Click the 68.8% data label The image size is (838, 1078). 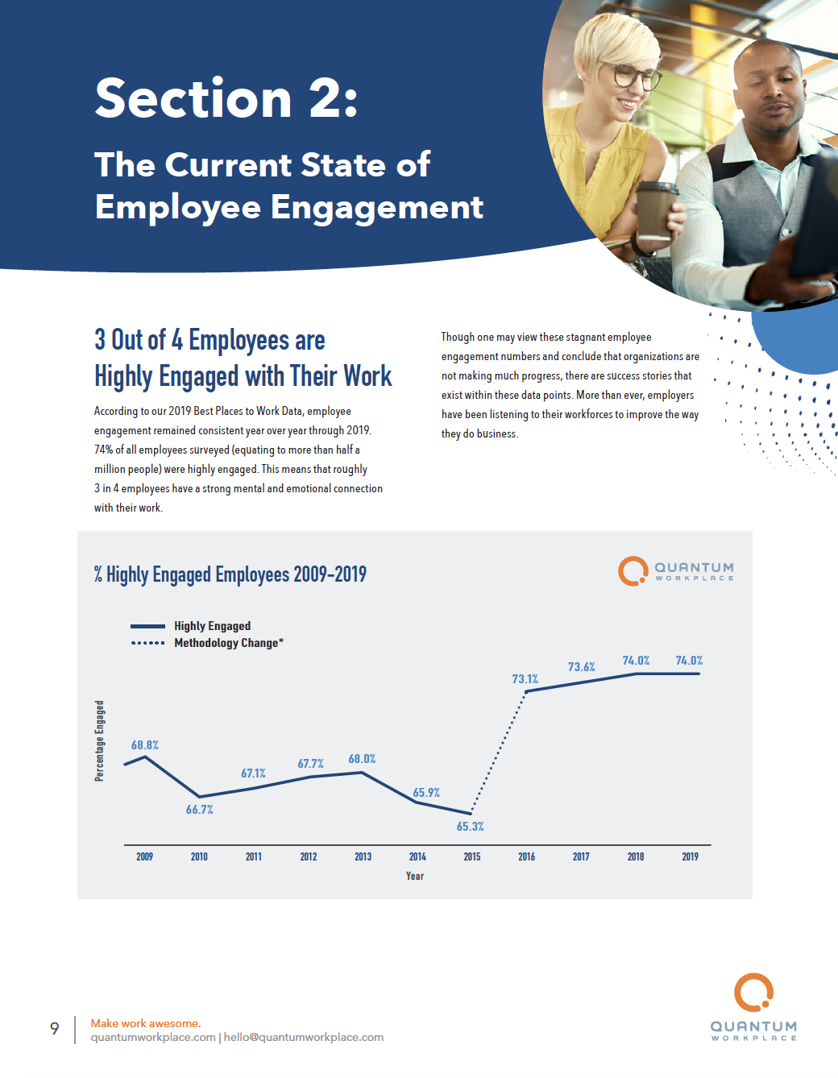(145, 745)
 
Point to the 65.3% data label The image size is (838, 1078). (471, 827)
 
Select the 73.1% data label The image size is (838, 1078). (525, 679)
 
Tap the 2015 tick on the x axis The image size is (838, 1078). (472, 856)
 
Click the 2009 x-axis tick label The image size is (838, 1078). (145, 856)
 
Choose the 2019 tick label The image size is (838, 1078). (691, 856)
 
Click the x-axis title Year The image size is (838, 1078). (415, 876)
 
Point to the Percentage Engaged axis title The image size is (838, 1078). (100, 740)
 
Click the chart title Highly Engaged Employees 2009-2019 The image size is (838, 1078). (230, 574)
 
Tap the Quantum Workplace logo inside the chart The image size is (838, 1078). (676, 571)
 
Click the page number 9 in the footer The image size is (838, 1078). (55, 1028)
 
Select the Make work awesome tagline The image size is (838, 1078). (146, 1023)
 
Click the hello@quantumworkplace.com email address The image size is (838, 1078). (304, 1038)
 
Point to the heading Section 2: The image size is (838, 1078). (226, 98)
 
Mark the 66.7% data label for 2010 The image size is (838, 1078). (200, 810)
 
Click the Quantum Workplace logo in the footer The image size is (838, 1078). (754, 1007)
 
